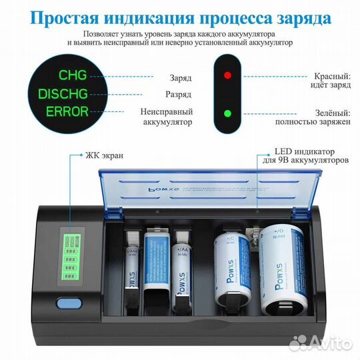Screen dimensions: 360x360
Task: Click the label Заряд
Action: coord(179,77)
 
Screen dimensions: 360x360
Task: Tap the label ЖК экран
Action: coord(104,155)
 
